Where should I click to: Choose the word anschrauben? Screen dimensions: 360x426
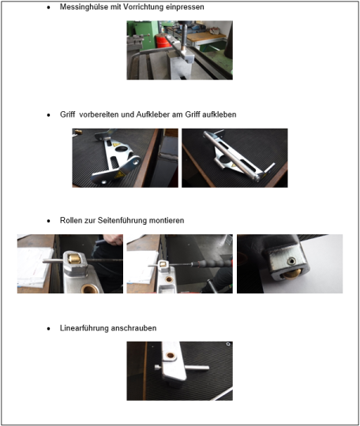133,328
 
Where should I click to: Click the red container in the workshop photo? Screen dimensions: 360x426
162,42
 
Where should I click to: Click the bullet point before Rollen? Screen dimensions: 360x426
49,221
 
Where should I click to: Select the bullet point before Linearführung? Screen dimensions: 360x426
49,329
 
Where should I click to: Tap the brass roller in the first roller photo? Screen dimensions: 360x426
74,259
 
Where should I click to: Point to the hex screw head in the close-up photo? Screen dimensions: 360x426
292,261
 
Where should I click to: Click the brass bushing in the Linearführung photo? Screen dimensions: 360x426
171,355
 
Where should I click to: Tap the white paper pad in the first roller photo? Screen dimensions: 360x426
34,267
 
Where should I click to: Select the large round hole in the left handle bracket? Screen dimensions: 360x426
122,149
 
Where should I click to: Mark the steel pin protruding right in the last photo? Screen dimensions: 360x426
197,368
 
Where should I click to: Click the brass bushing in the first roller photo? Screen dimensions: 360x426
88,289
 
